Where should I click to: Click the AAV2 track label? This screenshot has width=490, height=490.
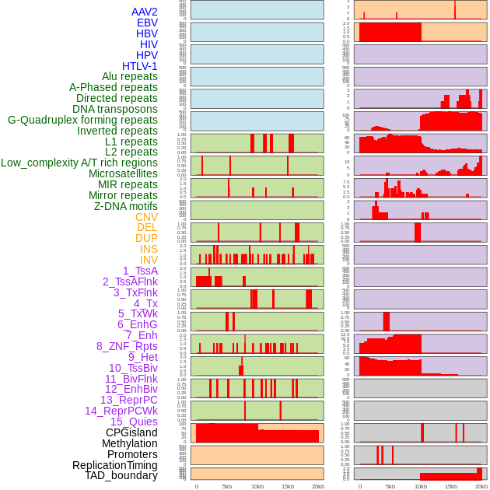click(145, 12)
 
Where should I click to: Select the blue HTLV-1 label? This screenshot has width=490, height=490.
click(140, 66)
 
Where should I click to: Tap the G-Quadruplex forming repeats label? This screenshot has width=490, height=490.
click(82, 120)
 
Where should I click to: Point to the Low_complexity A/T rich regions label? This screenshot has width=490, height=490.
click(79, 163)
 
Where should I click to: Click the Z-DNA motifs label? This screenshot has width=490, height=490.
click(125, 206)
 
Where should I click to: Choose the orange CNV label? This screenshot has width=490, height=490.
click(146, 217)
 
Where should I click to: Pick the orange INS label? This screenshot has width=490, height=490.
click(148, 249)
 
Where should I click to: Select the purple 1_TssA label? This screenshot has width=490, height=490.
click(140, 271)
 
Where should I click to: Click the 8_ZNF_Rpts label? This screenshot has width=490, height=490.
click(127, 346)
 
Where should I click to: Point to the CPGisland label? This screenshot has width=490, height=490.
click(131, 432)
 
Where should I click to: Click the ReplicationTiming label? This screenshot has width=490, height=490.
click(115, 465)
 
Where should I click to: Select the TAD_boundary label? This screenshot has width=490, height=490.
click(121, 475)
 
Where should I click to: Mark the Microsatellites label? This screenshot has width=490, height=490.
click(123, 173)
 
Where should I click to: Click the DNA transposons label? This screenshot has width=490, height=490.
click(115, 109)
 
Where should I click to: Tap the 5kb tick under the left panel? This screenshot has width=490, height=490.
click(227, 486)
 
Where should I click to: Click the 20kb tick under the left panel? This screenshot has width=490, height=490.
click(318, 486)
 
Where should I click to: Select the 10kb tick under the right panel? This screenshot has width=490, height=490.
click(421, 486)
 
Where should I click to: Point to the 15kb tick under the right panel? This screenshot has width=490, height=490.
click(451, 486)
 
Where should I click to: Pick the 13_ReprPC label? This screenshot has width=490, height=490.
click(128, 400)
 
